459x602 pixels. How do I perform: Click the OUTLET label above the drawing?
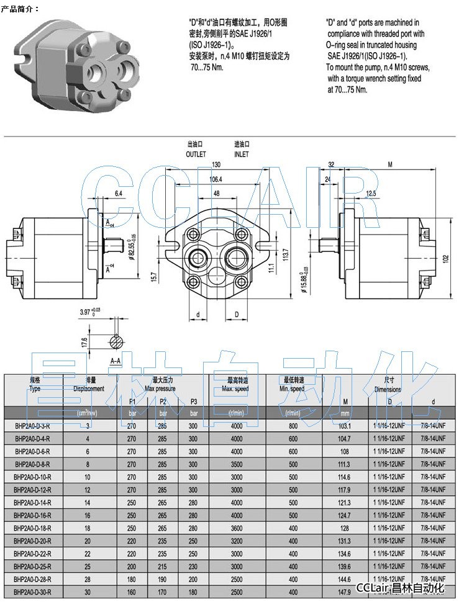(x=195, y=154)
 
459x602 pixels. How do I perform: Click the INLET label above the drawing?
(x=241, y=154)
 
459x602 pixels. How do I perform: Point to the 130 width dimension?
(x=216, y=165)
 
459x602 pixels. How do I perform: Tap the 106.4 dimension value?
(x=216, y=179)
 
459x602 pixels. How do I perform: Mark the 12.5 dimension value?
(x=371, y=194)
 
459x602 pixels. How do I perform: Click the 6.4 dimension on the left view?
(x=118, y=194)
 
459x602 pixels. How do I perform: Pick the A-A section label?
(x=116, y=360)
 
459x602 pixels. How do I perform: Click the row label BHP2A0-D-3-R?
(x=33, y=426)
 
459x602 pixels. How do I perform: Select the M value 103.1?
(x=345, y=426)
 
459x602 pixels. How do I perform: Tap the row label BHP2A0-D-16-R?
(x=33, y=515)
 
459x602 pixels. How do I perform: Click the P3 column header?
(x=193, y=401)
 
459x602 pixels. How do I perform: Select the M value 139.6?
(x=345, y=566)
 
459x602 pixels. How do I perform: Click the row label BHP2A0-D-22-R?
(x=33, y=554)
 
